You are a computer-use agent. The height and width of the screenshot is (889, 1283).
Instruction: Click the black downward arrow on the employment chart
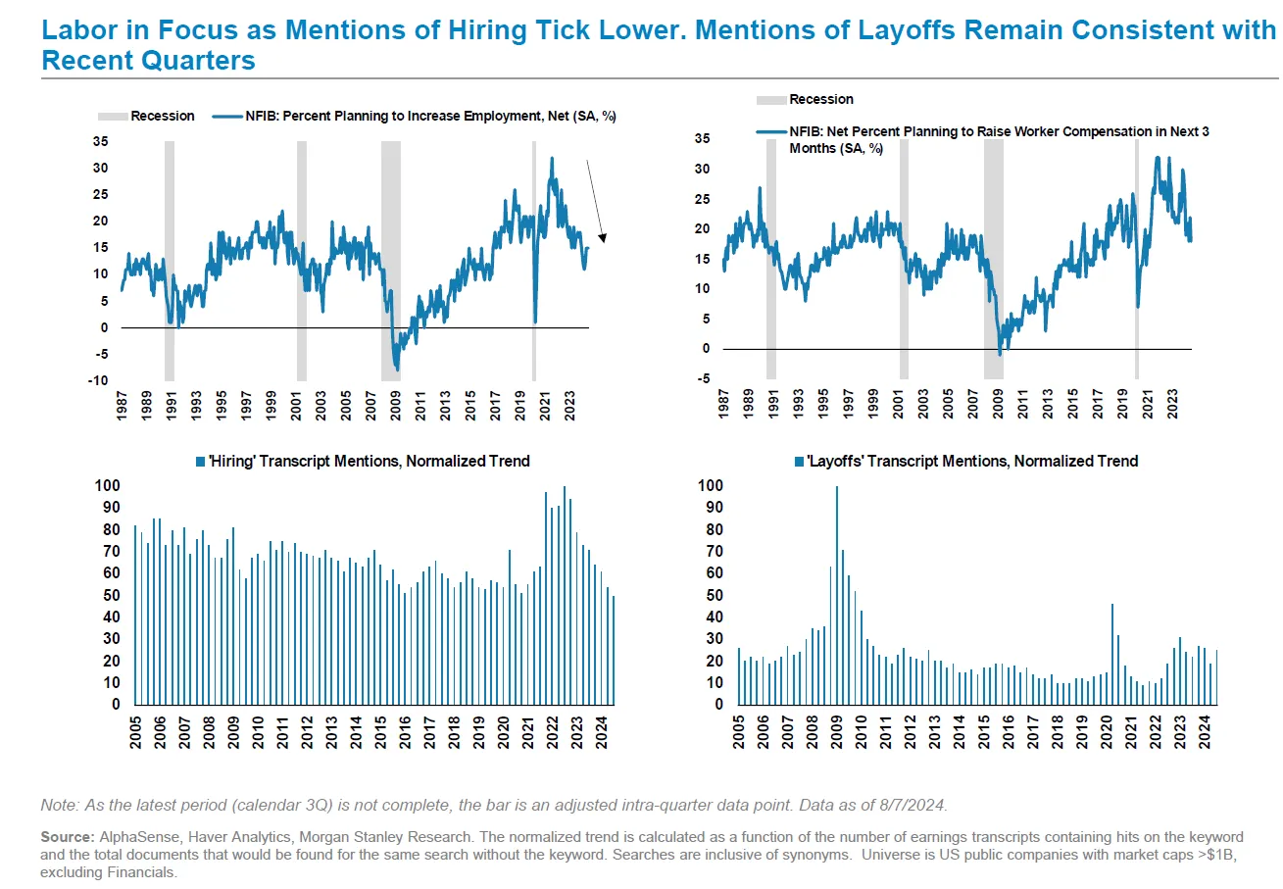click(x=595, y=200)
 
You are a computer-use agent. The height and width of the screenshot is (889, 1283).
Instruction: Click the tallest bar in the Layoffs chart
click(x=836, y=595)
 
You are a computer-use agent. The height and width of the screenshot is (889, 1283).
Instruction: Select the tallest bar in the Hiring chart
click(x=564, y=595)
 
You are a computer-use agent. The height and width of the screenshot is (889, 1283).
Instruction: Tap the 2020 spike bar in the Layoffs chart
click(x=1112, y=654)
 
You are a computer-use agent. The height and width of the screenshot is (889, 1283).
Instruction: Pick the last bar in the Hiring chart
click(x=614, y=651)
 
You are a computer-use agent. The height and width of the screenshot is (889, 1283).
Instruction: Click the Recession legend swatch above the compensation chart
click(x=770, y=99)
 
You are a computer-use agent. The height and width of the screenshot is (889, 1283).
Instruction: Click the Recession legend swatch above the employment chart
click(x=113, y=116)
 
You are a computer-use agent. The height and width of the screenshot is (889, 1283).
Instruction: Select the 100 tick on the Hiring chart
click(x=107, y=486)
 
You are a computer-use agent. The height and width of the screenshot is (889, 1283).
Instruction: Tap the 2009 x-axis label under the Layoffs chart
click(x=837, y=731)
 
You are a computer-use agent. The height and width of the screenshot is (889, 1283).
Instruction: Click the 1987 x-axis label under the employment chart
click(x=123, y=406)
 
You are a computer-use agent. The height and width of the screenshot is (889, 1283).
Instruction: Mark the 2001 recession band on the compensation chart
click(x=904, y=259)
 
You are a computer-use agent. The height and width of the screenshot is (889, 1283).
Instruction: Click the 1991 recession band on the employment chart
click(x=170, y=261)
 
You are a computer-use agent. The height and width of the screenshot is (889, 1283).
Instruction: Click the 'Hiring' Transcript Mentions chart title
click(x=363, y=461)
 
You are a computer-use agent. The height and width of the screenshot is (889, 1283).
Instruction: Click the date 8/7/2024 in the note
click(x=911, y=805)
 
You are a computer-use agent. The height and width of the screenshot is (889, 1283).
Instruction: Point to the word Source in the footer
click(x=66, y=838)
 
